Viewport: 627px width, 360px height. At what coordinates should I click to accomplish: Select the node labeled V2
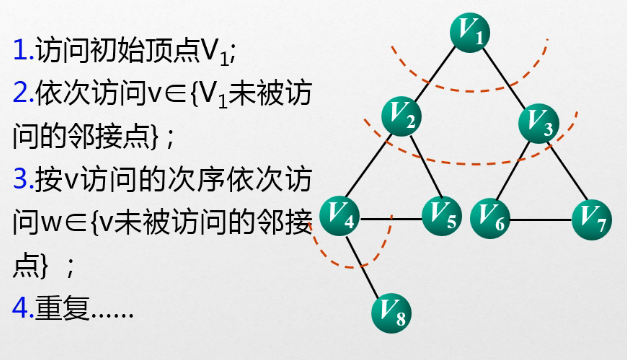pyautogui.click(x=404, y=119)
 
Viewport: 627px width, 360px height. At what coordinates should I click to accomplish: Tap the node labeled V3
pyautogui.click(x=540, y=122)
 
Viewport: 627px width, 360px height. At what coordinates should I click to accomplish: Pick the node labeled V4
pyautogui.click(x=342, y=214)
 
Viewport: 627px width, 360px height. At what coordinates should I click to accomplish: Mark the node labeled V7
pyautogui.click(x=593, y=215)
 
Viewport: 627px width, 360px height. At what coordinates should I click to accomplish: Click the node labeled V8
pyautogui.click(x=391, y=314)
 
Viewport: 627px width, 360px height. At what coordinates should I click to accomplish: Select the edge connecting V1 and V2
pyautogui.click(x=437, y=76)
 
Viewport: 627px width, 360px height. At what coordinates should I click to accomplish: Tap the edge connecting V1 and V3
pyautogui.click(x=505, y=78)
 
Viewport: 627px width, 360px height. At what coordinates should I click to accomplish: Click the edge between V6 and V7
pyautogui.click(x=541, y=215)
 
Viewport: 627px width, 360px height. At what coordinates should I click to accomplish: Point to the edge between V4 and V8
pyautogui.click(x=366, y=263)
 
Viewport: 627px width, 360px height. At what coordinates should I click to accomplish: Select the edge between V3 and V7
pyautogui.click(x=566, y=168)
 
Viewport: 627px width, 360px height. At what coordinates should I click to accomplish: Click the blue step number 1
pyautogui.click(x=19, y=49)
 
